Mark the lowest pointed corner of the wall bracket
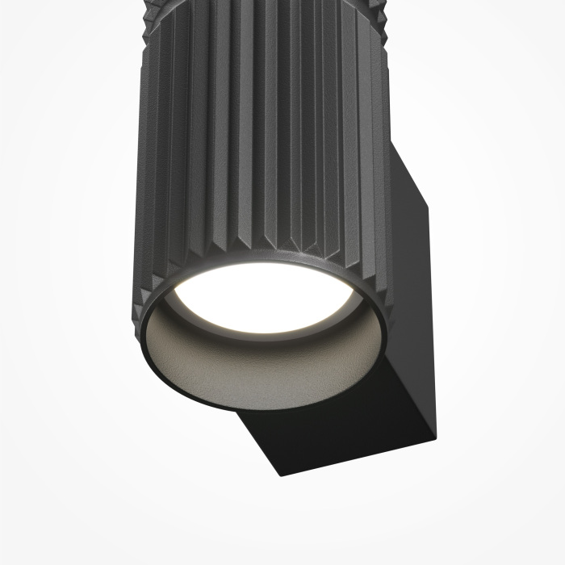[282, 475]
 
